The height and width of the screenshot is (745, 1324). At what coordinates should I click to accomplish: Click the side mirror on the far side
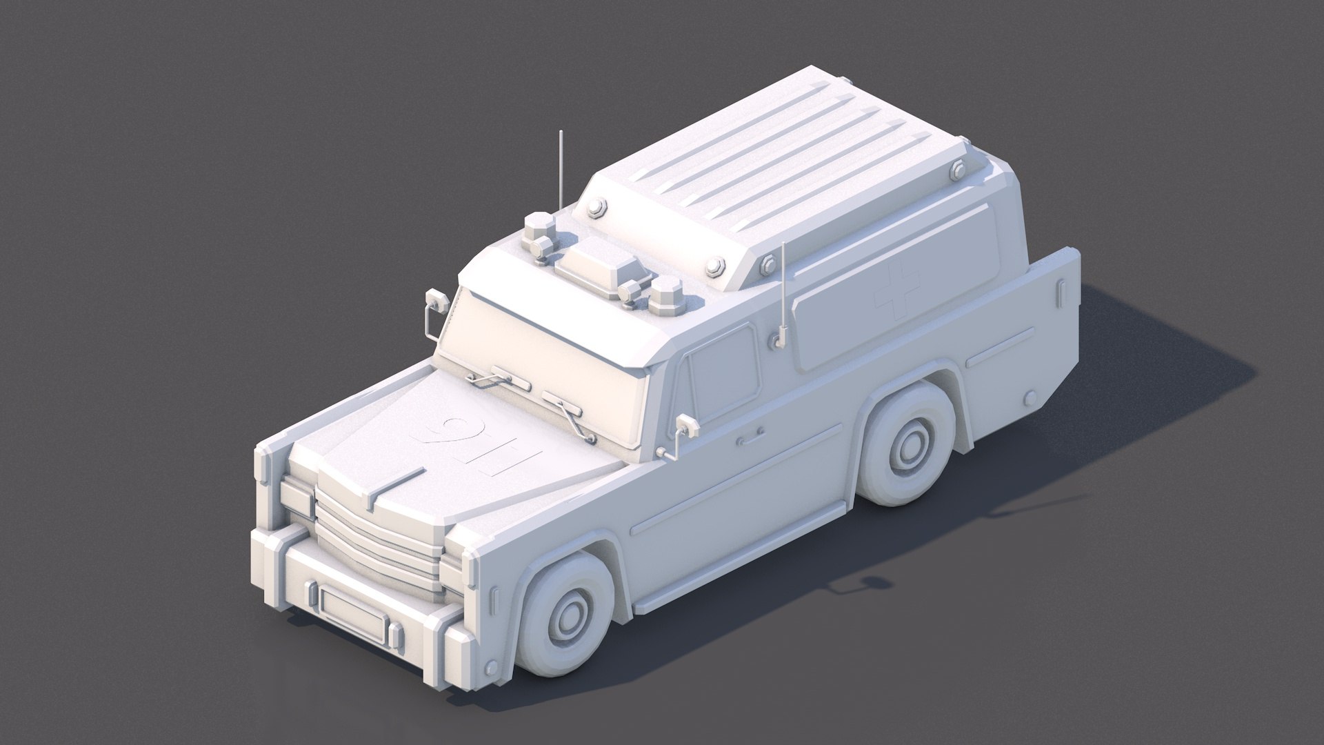pos(435,301)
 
